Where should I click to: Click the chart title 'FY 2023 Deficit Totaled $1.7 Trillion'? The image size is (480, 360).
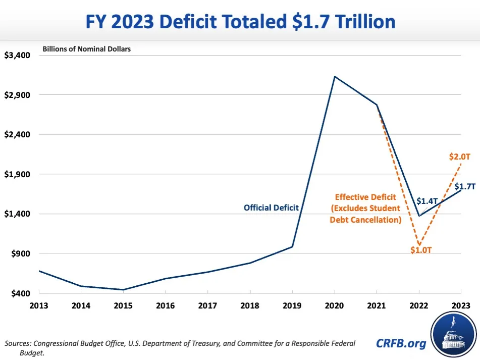(240, 22)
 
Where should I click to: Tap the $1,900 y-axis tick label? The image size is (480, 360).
(18, 174)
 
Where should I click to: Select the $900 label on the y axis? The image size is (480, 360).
(21, 253)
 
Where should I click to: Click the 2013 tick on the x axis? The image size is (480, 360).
(39, 305)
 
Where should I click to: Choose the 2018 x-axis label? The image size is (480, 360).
(250, 305)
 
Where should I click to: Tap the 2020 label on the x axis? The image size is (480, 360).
(334, 305)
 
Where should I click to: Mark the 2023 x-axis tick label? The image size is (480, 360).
(460, 305)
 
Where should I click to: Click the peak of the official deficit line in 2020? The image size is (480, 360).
(334, 77)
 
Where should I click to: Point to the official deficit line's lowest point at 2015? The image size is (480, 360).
(123, 290)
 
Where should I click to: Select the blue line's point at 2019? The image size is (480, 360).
(292, 246)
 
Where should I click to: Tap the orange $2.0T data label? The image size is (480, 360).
(459, 157)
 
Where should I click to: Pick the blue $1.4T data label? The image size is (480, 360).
(426, 201)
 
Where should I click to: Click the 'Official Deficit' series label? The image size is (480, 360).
(271, 207)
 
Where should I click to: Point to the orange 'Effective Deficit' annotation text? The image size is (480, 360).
(365, 208)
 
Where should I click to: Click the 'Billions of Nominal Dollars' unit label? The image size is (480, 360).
(86, 49)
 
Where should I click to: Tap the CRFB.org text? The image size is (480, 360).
(401, 343)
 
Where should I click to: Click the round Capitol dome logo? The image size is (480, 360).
(453, 335)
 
